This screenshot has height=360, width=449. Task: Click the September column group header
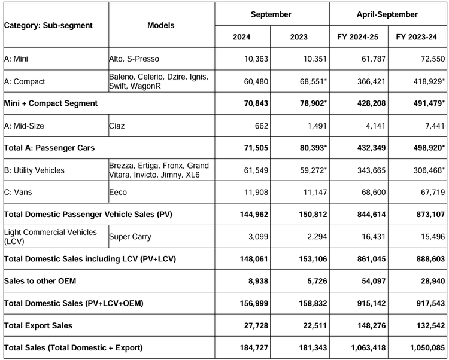pyautogui.click(x=271, y=14)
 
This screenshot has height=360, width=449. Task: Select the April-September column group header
pyautogui.click(x=387, y=14)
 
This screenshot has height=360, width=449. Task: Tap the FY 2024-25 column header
pyautogui.click(x=357, y=37)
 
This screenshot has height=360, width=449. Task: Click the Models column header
pyautogui.click(x=161, y=25)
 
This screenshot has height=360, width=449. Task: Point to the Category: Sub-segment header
pyautogui.click(x=48, y=25)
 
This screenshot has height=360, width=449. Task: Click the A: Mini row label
pyautogui.click(x=16, y=59)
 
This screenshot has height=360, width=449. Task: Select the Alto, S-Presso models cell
pyautogui.click(x=134, y=59)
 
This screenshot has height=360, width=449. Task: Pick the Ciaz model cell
pyautogui.click(x=117, y=126)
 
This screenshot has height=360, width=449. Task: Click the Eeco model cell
pyautogui.click(x=118, y=192)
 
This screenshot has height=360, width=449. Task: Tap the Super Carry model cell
pyautogui.click(x=130, y=236)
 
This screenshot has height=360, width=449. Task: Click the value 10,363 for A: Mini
pyautogui.click(x=256, y=59)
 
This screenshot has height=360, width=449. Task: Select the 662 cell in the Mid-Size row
pyautogui.click(x=262, y=126)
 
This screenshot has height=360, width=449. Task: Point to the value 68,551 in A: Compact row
pyautogui.click(x=313, y=81)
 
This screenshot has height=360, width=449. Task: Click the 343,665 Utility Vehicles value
pyautogui.click(x=371, y=170)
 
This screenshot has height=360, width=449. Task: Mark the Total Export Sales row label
pyautogui.click(x=38, y=325)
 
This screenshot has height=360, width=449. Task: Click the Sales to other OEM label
pyautogui.click(x=40, y=281)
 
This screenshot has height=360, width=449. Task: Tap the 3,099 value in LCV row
pyautogui.click(x=258, y=236)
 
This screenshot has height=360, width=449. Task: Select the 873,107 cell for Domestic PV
pyautogui.click(x=430, y=214)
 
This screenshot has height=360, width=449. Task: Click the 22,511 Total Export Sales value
pyautogui.click(x=315, y=325)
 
